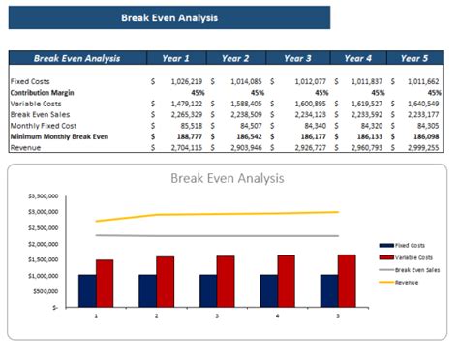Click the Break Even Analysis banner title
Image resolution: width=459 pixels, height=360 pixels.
click(x=169, y=17)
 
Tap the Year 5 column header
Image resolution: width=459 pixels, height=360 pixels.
click(x=413, y=58)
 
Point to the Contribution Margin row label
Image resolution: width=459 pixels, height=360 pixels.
click(x=45, y=92)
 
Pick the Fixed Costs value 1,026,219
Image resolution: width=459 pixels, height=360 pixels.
click(x=184, y=81)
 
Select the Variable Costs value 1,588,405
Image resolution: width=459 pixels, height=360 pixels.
click(x=244, y=104)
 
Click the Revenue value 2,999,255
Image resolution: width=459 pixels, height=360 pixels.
click(x=423, y=147)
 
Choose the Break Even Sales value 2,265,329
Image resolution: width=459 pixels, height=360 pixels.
click(x=184, y=114)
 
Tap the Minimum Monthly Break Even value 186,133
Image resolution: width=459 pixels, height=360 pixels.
click(x=364, y=136)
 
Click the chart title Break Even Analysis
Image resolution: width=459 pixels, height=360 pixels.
click(x=229, y=178)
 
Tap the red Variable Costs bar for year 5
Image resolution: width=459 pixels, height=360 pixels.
click(x=346, y=280)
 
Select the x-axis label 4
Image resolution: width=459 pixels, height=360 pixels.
click(x=277, y=315)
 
